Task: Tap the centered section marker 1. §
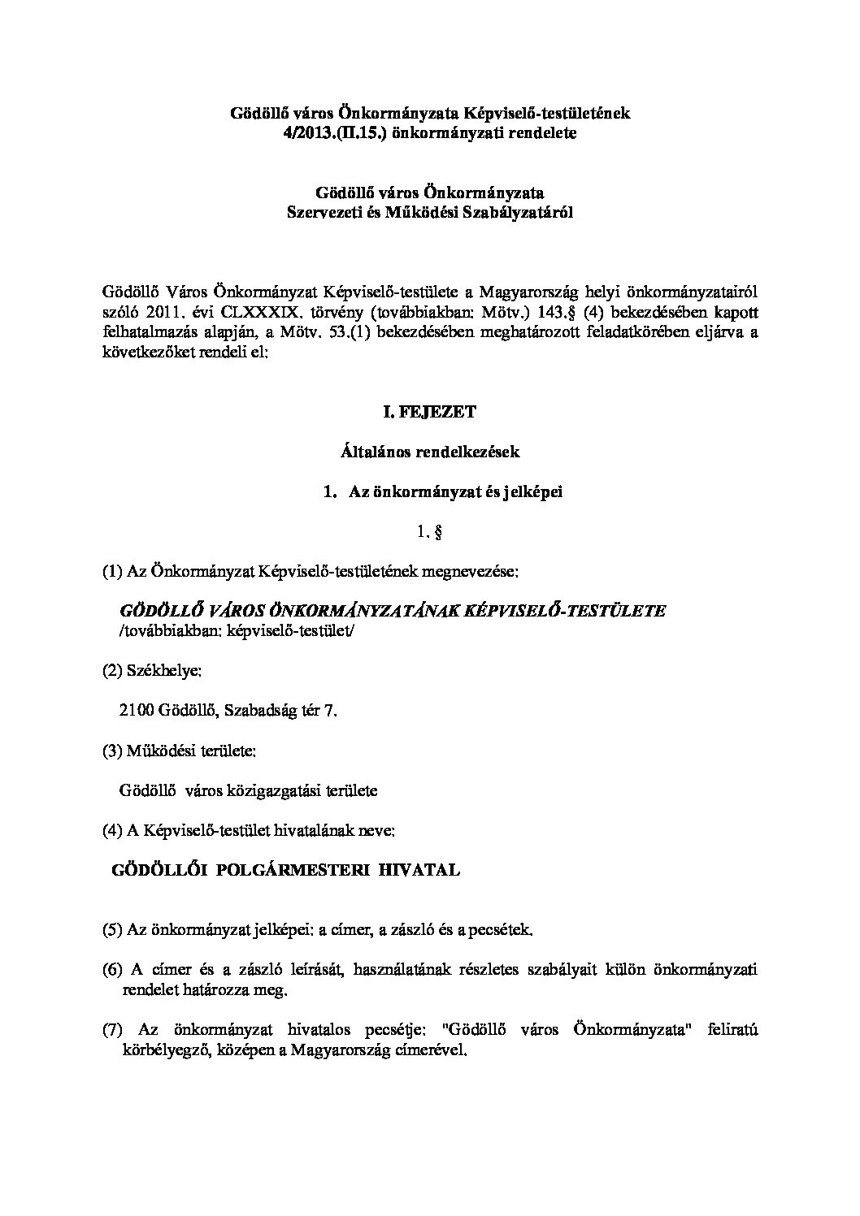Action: click(428, 533)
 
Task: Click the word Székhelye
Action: click(162, 672)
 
